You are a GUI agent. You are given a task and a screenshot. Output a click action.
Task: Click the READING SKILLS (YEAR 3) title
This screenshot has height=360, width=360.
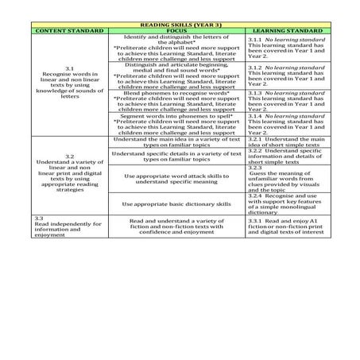pyautogui.click(x=180, y=25)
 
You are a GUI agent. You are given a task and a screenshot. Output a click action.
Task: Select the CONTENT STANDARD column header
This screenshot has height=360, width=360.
pyautogui.click(x=68, y=31)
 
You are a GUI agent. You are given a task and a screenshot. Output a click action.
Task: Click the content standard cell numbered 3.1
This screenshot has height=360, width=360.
pyautogui.click(x=68, y=85)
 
